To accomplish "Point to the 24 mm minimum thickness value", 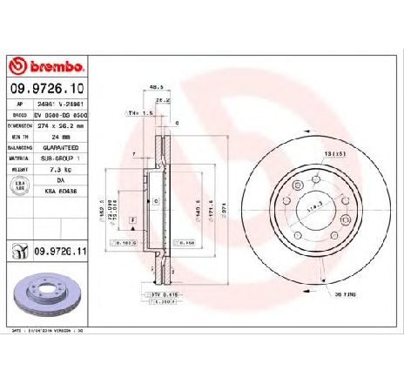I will point(58,137).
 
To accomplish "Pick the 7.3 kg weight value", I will point(58,172).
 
